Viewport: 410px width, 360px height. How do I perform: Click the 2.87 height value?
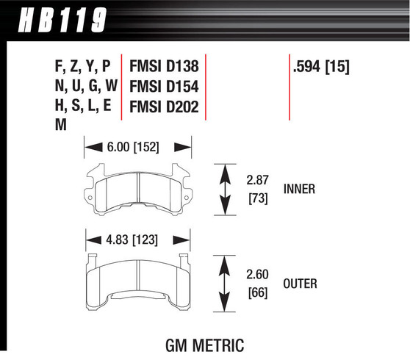pos(256,179)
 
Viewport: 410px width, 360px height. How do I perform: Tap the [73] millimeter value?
pos(255,198)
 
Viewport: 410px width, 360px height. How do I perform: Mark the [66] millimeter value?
pos(255,292)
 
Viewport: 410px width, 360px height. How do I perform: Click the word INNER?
pos(298,189)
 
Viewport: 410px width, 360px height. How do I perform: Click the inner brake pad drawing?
pos(139,192)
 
